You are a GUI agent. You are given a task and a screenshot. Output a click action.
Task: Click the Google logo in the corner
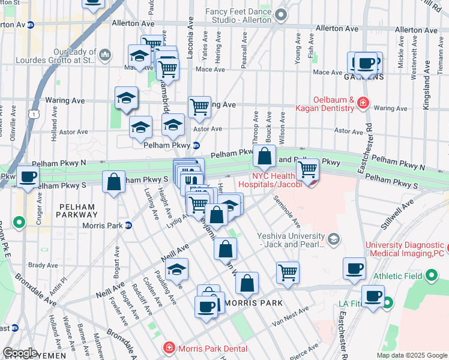click(19, 353)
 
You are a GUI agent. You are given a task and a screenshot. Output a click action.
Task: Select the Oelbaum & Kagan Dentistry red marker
click(363, 104)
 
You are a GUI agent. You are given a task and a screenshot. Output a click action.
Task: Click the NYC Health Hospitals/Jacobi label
click(268, 179)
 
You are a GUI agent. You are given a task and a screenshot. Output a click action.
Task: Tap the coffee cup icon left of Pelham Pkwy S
click(28, 177)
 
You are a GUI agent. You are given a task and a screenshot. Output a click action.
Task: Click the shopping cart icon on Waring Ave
click(199, 107)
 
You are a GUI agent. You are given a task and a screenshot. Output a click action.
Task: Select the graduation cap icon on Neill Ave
click(176, 270)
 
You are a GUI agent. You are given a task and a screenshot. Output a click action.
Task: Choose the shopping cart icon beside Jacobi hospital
click(307, 169)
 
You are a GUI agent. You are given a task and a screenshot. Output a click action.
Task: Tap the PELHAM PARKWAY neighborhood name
click(77, 211)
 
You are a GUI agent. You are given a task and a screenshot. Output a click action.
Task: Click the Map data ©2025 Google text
click(411, 355)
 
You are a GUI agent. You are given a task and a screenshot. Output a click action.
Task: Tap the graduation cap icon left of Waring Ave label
click(126, 97)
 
